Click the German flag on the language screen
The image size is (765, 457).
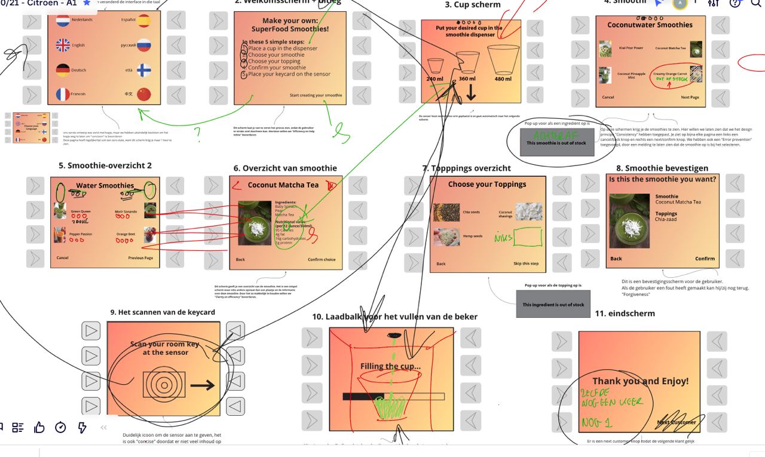click(63, 70)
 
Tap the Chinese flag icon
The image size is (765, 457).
click(144, 94)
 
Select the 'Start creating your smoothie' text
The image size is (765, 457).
click(316, 96)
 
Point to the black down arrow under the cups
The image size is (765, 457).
click(471, 92)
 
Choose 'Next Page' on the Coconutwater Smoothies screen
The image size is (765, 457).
click(690, 97)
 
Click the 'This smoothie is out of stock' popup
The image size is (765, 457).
click(557, 143)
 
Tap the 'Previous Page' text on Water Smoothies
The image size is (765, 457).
click(140, 258)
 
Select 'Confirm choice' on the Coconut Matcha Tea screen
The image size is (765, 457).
click(322, 259)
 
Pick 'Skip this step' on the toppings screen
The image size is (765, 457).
click(526, 263)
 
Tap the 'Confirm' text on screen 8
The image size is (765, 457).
click(705, 259)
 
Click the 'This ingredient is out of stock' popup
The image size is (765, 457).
click(553, 305)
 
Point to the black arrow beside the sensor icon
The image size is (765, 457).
click(203, 385)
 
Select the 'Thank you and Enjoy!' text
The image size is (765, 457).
click(640, 381)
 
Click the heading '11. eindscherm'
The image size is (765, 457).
click(625, 313)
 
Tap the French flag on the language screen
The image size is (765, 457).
click(63, 94)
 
